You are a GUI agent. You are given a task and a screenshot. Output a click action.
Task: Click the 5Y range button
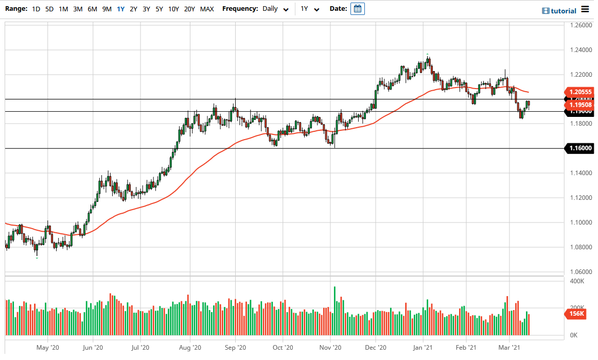(159, 9)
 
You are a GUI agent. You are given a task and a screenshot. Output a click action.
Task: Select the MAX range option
(207, 9)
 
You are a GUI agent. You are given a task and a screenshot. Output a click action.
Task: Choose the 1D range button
(36, 9)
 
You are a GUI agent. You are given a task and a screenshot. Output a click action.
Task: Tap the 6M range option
(92, 9)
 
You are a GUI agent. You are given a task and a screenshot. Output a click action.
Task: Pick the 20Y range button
(189, 9)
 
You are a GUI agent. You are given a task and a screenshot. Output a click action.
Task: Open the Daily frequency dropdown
(275, 9)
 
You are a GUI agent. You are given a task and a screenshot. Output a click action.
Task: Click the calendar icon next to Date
(358, 9)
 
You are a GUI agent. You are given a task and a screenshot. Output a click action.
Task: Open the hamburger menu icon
(585, 9)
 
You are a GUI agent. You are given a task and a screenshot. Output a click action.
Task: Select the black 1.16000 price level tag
(579, 148)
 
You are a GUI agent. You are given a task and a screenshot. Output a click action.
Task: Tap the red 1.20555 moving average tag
(579, 91)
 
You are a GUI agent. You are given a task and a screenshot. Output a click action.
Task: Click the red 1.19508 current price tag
(579, 105)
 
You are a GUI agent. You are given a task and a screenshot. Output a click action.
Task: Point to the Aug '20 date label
(190, 348)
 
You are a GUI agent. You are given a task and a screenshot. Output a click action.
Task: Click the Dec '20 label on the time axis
(376, 348)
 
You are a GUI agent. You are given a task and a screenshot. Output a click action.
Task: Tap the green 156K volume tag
(577, 314)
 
